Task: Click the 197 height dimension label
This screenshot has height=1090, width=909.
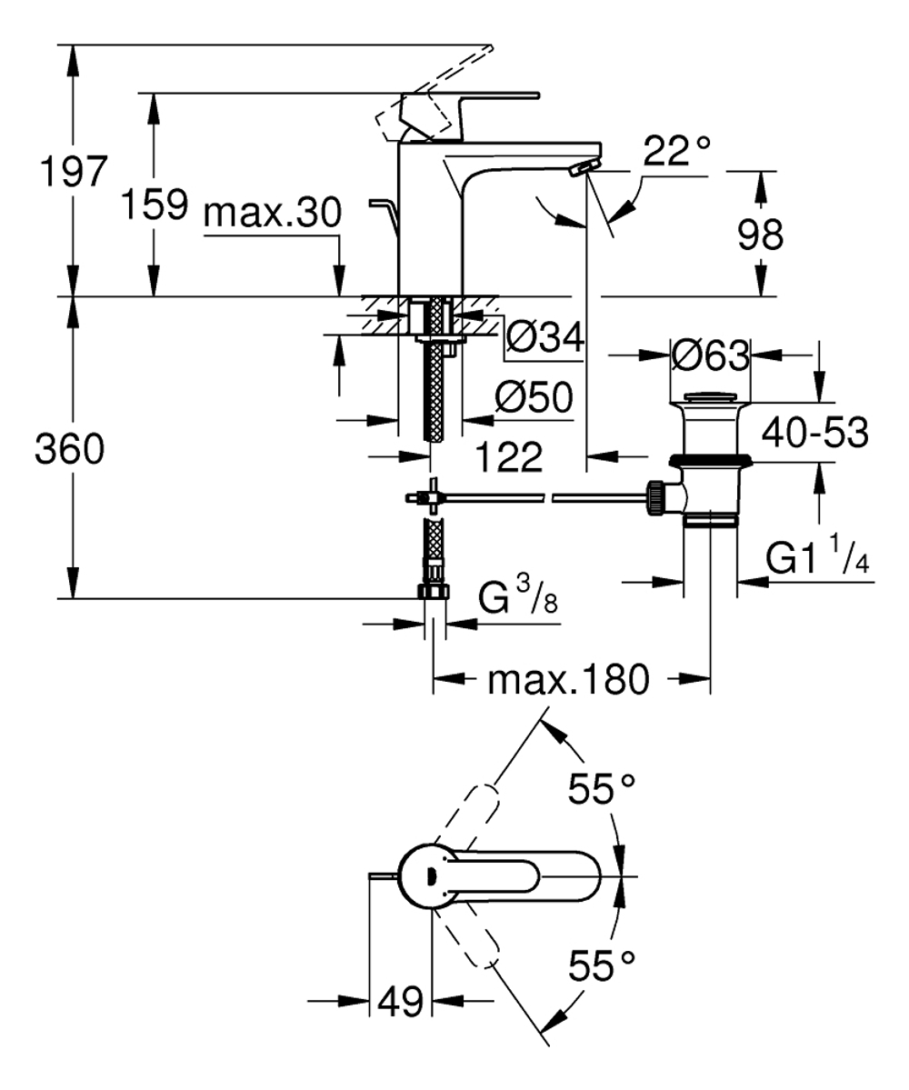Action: coord(71,172)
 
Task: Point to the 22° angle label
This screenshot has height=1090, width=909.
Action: coord(676,151)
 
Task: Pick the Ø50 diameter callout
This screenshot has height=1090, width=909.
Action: coord(534,397)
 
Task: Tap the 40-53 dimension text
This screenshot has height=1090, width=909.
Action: coord(814,433)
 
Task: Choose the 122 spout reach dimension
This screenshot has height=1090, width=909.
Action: coord(510,455)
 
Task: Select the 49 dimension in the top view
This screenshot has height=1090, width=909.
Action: coord(400,1002)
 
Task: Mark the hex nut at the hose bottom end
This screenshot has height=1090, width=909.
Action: coord(435,592)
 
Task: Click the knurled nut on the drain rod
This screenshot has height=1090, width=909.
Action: coord(654,497)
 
